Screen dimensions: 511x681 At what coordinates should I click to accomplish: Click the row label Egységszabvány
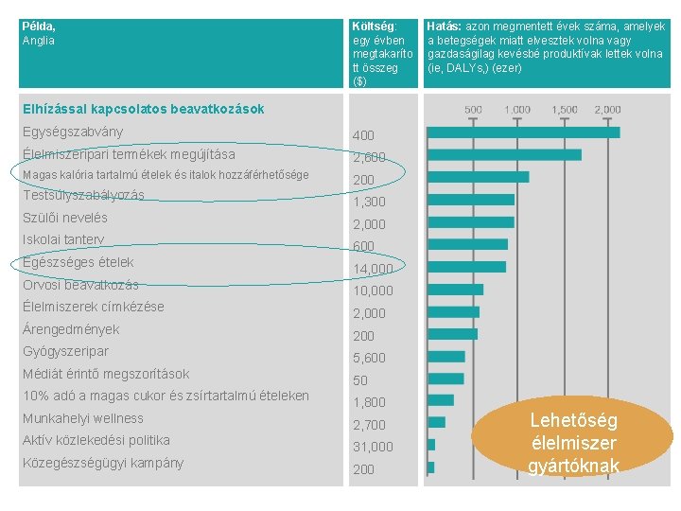73,132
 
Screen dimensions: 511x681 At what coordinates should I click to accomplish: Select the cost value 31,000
373,447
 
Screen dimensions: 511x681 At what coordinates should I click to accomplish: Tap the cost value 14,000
373,270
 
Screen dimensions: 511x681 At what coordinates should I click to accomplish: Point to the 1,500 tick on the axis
566,110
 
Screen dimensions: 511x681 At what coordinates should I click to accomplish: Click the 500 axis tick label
474,110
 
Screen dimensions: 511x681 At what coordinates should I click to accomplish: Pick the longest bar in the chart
524,132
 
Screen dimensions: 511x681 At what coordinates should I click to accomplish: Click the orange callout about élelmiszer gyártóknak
573,443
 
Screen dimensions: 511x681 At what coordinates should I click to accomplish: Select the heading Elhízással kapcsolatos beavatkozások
143,109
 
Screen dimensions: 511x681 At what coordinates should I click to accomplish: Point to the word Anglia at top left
39,41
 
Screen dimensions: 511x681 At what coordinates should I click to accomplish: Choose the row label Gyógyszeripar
65,352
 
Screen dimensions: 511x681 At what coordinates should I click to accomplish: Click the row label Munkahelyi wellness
83,418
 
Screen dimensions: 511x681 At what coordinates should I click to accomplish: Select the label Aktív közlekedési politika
96,440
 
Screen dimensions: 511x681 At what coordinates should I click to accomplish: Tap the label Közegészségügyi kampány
103,463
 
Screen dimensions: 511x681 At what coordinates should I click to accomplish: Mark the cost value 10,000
373,291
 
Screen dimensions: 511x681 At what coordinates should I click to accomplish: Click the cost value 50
360,380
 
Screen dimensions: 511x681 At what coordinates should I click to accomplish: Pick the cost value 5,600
369,358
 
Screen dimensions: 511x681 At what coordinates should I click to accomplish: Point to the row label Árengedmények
71,329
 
